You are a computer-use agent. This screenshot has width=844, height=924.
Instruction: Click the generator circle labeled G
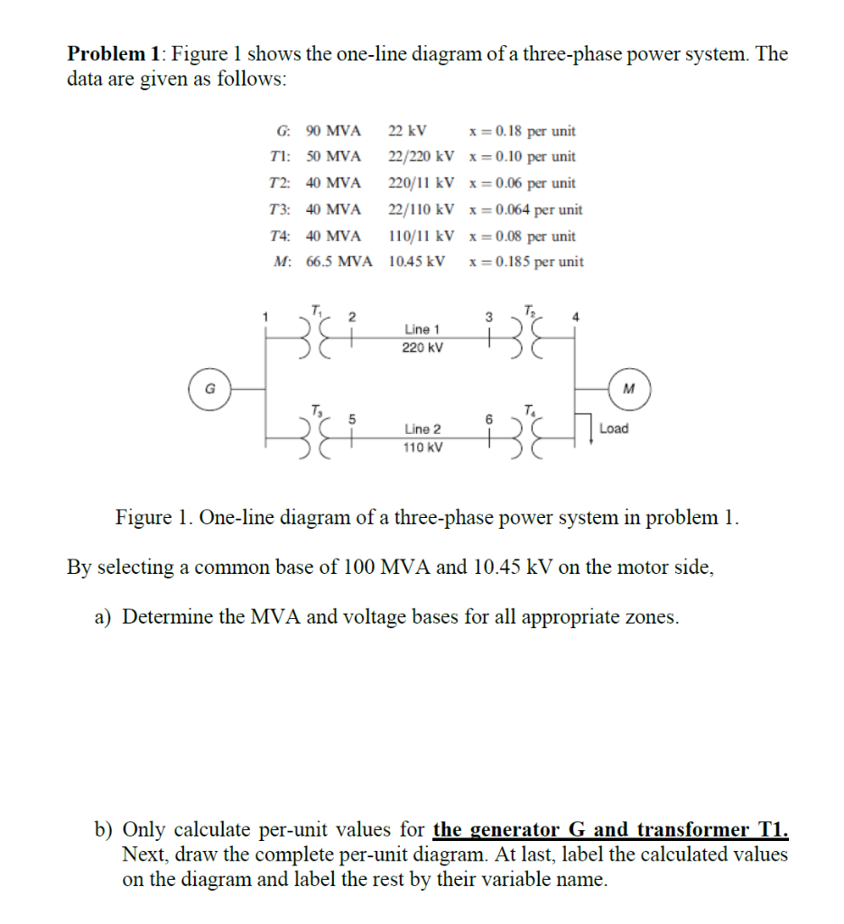point(209,389)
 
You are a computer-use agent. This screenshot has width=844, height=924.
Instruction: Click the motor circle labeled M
point(628,389)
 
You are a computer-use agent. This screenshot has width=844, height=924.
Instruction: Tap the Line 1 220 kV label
point(422,338)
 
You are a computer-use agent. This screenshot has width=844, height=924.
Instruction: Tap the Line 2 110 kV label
point(422,438)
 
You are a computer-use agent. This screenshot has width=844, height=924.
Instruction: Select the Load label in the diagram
point(614,429)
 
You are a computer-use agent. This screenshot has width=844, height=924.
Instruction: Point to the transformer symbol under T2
point(524,340)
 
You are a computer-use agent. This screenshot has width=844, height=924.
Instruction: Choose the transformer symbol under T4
point(524,439)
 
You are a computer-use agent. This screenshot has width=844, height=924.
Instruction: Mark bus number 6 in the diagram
point(489,418)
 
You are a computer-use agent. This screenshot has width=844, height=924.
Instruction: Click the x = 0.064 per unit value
point(526,209)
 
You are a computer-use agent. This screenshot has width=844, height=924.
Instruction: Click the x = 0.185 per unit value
point(526,263)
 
